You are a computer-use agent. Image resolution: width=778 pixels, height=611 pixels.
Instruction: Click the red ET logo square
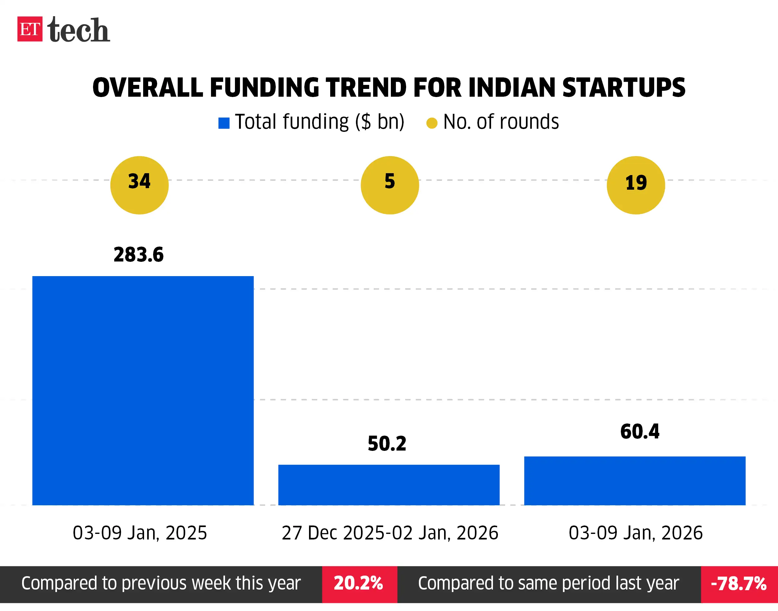[x=30, y=29]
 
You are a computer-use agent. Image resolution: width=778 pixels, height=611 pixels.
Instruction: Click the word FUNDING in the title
[x=264, y=88]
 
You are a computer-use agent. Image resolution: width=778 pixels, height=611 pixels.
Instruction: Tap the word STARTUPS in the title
[x=623, y=88]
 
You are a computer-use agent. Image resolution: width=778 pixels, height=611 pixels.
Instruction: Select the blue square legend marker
[x=224, y=123]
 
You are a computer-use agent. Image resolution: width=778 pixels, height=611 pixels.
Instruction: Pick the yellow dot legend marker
[x=432, y=123]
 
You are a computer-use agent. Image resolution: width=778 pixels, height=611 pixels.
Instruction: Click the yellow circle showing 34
[x=139, y=185]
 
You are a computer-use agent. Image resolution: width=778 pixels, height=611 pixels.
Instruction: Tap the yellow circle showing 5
[x=390, y=185]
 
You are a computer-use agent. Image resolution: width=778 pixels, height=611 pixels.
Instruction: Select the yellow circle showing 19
[x=635, y=185]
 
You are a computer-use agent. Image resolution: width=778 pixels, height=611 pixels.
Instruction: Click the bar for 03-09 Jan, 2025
[x=143, y=391]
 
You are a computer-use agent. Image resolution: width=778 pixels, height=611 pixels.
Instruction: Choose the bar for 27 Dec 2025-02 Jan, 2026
[x=389, y=485]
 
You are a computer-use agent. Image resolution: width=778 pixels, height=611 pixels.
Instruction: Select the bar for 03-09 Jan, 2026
[x=635, y=481]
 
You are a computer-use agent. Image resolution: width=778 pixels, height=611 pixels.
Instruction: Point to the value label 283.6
[x=138, y=255]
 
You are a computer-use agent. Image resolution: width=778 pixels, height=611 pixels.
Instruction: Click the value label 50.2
[x=387, y=444]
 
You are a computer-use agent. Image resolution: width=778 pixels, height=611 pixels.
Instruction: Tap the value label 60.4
[x=640, y=431]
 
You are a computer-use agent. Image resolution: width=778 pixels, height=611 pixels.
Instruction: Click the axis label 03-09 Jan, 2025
[x=140, y=533]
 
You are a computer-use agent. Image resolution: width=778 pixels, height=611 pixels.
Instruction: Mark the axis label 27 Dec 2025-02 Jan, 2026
[x=390, y=533]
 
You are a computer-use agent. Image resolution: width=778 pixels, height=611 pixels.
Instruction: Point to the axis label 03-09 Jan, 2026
[x=635, y=533]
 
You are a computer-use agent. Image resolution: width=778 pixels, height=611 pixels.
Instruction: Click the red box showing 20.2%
[x=359, y=583]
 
